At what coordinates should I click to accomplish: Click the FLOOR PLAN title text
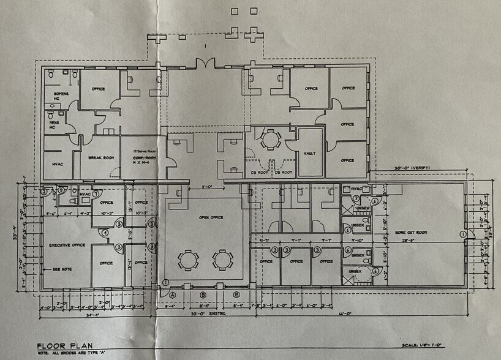point(66,345)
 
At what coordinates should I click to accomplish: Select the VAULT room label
point(309,153)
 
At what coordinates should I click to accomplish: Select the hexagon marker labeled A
point(173,294)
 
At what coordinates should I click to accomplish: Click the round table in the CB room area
point(269,139)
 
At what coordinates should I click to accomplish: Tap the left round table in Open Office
point(189,260)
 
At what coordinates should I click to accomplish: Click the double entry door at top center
point(204,63)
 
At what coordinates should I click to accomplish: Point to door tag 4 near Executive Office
point(105,232)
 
